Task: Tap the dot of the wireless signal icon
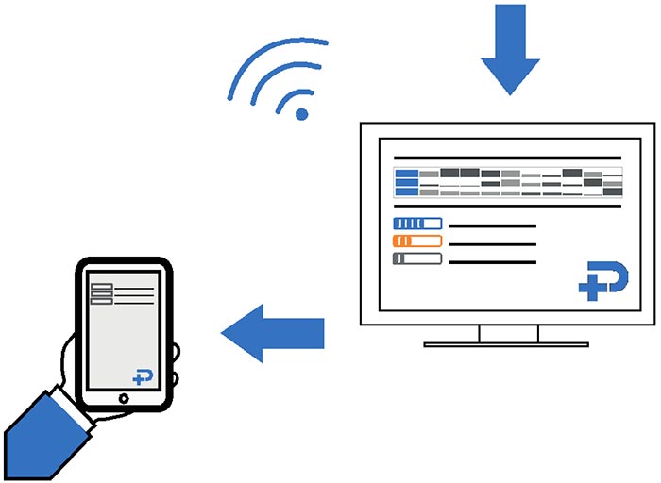302,114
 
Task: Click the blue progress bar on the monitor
416,224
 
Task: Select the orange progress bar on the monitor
416,241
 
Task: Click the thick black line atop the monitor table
507,158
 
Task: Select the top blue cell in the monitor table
407,174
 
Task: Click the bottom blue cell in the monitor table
407,192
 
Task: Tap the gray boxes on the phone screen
101,293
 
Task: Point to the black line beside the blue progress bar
492,226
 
